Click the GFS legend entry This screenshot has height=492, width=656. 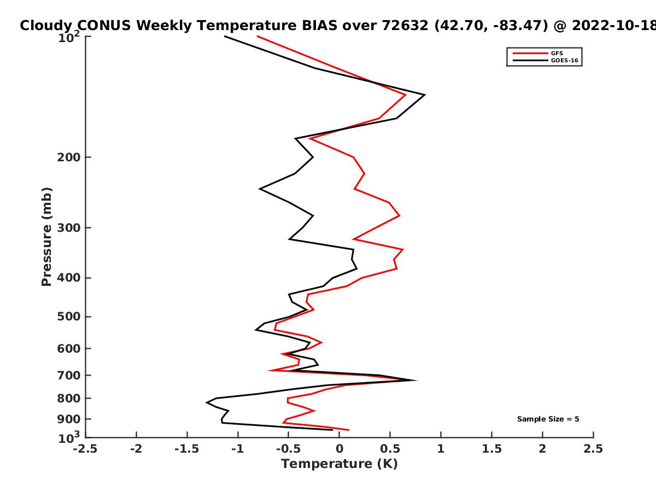[x=538, y=53]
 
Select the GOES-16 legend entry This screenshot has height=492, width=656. [x=546, y=60]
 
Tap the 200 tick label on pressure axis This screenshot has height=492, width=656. [x=69, y=157]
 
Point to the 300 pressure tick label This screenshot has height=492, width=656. [x=69, y=227]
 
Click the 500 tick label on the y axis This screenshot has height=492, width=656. [x=69, y=317]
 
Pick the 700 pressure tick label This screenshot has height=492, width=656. [x=69, y=375]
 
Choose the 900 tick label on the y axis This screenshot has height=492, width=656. [x=69, y=419]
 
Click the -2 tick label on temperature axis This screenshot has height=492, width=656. [x=136, y=449]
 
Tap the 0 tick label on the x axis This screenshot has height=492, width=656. [x=339, y=449]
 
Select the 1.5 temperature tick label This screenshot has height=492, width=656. [x=491, y=449]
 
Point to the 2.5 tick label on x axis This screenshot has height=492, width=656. [x=593, y=449]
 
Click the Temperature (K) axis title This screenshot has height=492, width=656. [x=339, y=464]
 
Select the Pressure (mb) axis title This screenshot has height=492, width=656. [x=46, y=237]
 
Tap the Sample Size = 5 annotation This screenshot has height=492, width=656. [x=548, y=419]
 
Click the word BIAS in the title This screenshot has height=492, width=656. [x=320, y=25]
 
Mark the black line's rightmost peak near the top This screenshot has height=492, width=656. [x=425, y=95]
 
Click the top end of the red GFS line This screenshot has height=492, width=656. [x=257, y=37]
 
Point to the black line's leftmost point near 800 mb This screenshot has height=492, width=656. [x=207, y=402]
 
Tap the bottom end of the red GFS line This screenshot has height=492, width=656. [x=349, y=430]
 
